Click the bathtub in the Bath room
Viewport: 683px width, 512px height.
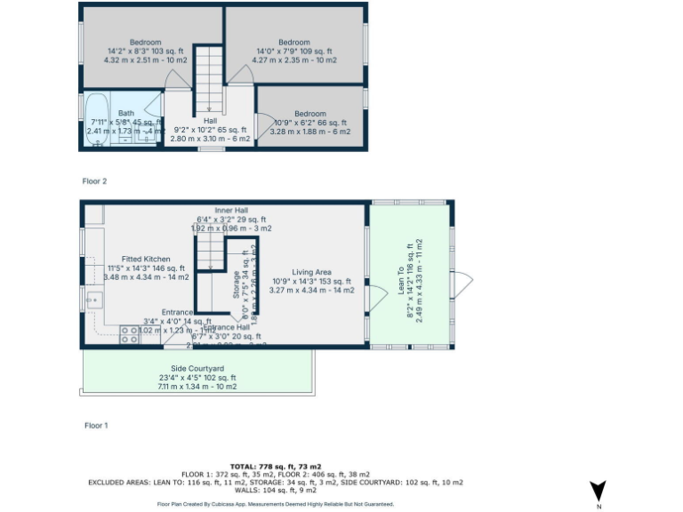(x=97, y=124)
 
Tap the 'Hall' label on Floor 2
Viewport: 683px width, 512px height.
(x=210, y=121)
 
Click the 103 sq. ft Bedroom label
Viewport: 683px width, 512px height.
(x=146, y=43)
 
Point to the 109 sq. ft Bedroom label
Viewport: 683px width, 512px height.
(x=294, y=43)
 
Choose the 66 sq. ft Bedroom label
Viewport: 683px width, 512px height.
(x=310, y=114)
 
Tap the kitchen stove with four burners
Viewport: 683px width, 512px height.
(x=129, y=335)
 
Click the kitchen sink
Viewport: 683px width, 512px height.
(x=92, y=300)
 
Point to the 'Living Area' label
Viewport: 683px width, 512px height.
(x=311, y=272)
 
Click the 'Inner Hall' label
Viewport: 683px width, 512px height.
(x=231, y=210)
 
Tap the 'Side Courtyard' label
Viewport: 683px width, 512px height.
(x=197, y=368)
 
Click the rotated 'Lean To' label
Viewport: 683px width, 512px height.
(x=402, y=284)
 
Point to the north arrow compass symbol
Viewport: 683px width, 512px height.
(x=599, y=491)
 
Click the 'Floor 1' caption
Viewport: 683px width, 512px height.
(x=95, y=426)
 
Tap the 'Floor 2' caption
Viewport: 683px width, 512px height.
(x=94, y=181)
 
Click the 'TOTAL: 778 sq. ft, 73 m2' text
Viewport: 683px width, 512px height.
(x=275, y=466)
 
